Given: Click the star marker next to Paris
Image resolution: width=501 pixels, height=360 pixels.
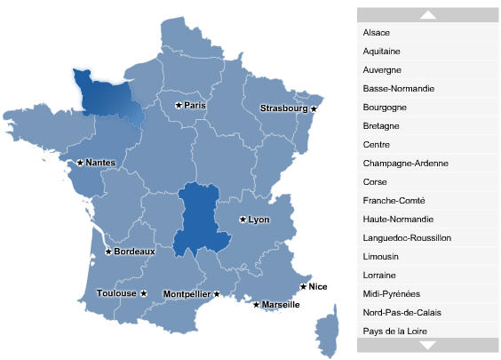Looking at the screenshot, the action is tap(179, 105).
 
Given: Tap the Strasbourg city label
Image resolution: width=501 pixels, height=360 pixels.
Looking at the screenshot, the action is tap(283, 108).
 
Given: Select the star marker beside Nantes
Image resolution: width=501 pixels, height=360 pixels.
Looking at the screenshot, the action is tap(80, 163).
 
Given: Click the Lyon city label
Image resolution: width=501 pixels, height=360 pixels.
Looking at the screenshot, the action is tap(258, 220).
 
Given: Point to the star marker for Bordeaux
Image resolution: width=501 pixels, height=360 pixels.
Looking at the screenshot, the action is tap(108, 252).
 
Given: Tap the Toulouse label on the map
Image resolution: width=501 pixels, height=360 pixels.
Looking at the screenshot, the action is tap(116, 293).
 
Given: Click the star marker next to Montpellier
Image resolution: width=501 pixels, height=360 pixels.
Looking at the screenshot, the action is tap(217, 293).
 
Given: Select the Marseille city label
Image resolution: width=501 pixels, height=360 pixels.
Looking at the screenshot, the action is tap(281, 305).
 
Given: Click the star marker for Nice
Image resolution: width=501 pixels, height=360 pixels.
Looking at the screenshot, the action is tap(303, 286).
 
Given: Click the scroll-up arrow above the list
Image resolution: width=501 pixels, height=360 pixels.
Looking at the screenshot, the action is tap(428, 14).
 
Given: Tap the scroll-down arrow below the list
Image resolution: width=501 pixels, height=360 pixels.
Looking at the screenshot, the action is tap(428, 345).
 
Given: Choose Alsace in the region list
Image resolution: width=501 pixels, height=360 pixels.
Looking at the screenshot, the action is tap(377, 32).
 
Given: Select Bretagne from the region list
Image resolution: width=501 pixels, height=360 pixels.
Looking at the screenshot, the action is tap(381, 125).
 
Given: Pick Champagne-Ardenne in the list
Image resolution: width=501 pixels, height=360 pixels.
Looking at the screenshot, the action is tap(405, 163).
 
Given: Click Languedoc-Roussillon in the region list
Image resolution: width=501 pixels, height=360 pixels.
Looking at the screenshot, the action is tap(407, 237).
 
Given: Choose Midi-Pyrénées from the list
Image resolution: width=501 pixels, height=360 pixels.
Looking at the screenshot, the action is tap(391, 293).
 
